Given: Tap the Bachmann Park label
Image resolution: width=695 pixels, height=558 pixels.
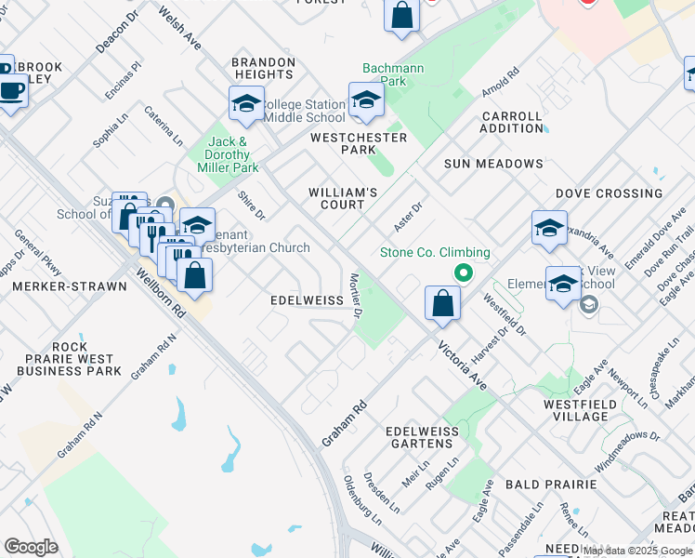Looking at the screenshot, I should (385, 75).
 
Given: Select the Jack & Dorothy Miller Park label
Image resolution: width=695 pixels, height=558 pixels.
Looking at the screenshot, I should (228, 155).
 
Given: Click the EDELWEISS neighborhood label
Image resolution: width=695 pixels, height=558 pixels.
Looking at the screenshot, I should (308, 301).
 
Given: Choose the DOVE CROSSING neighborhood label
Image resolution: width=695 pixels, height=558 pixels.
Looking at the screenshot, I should (609, 193).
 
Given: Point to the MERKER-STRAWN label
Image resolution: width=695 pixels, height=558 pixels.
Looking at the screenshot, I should (70, 286).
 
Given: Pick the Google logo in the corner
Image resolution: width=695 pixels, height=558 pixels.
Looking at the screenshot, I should (31, 547).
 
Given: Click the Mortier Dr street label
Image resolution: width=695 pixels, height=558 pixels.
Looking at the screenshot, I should (354, 296).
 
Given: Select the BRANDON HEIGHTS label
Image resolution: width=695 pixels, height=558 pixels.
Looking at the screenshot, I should (264, 68).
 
